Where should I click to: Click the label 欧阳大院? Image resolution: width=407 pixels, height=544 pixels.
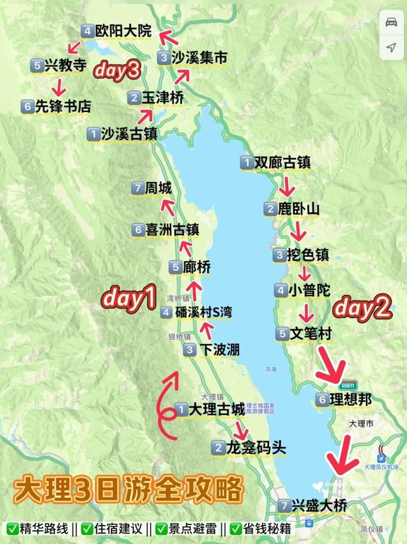click(x=124, y=30)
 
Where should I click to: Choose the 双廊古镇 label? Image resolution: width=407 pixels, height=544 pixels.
click(x=282, y=162)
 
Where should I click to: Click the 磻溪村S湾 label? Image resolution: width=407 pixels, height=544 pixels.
click(x=203, y=312)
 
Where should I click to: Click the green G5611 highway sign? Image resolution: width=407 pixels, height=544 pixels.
click(x=348, y=385)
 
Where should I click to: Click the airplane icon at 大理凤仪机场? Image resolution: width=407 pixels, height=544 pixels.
click(x=382, y=458)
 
